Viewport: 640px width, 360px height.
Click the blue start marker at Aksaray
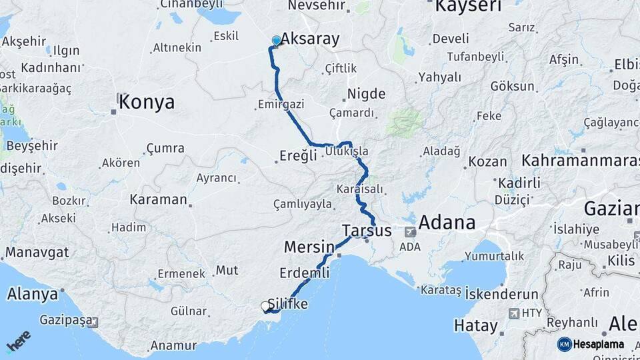click(277, 41)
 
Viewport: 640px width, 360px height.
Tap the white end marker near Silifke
click(267, 307)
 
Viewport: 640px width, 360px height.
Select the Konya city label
click(146, 102)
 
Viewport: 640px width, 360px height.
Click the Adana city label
click(447, 223)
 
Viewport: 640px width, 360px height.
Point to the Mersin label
click(309, 247)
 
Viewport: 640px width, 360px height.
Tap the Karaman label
click(159, 199)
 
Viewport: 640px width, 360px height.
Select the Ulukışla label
click(347, 152)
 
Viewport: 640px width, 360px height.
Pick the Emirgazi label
click(281, 105)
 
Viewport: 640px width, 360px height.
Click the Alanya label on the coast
click(32, 294)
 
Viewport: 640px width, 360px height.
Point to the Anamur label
click(173, 345)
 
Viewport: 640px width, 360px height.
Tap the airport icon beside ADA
click(409, 232)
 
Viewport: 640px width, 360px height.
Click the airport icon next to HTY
click(513, 313)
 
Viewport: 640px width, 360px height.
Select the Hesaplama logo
click(591, 344)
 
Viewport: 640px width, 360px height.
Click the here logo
click(18, 341)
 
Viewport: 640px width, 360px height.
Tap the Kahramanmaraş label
click(580, 161)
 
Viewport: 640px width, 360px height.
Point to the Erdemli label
click(304, 273)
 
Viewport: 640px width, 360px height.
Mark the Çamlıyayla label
click(302, 204)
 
